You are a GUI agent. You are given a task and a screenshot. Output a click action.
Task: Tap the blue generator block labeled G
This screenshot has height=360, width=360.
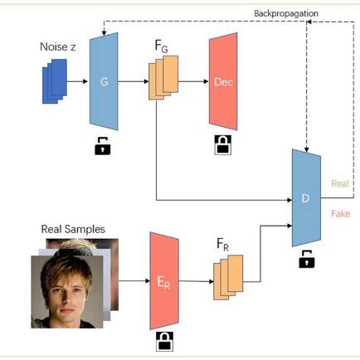[x=103, y=83]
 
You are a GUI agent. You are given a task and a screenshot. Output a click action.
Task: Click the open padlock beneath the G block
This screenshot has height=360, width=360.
[x=103, y=148]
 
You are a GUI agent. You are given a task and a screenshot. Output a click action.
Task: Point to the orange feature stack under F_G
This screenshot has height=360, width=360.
[x=163, y=85]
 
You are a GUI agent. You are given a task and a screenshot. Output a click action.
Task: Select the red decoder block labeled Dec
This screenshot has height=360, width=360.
[x=223, y=82]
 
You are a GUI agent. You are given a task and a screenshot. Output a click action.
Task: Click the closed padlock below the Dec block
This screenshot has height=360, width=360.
[x=221, y=147]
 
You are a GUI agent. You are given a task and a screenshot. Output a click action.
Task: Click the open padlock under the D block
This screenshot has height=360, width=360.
[x=306, y=260]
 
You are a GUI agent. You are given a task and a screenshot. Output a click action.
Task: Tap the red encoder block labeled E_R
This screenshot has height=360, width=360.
[x=163, y=281]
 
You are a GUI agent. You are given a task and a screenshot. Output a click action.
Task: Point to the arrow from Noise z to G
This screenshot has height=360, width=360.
[x=77, y=83]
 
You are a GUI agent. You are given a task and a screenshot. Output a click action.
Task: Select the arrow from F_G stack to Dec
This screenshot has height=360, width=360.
[x=192, y=82]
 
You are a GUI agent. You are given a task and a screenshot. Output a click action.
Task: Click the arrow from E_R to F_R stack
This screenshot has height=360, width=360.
[x=195, y=281]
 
